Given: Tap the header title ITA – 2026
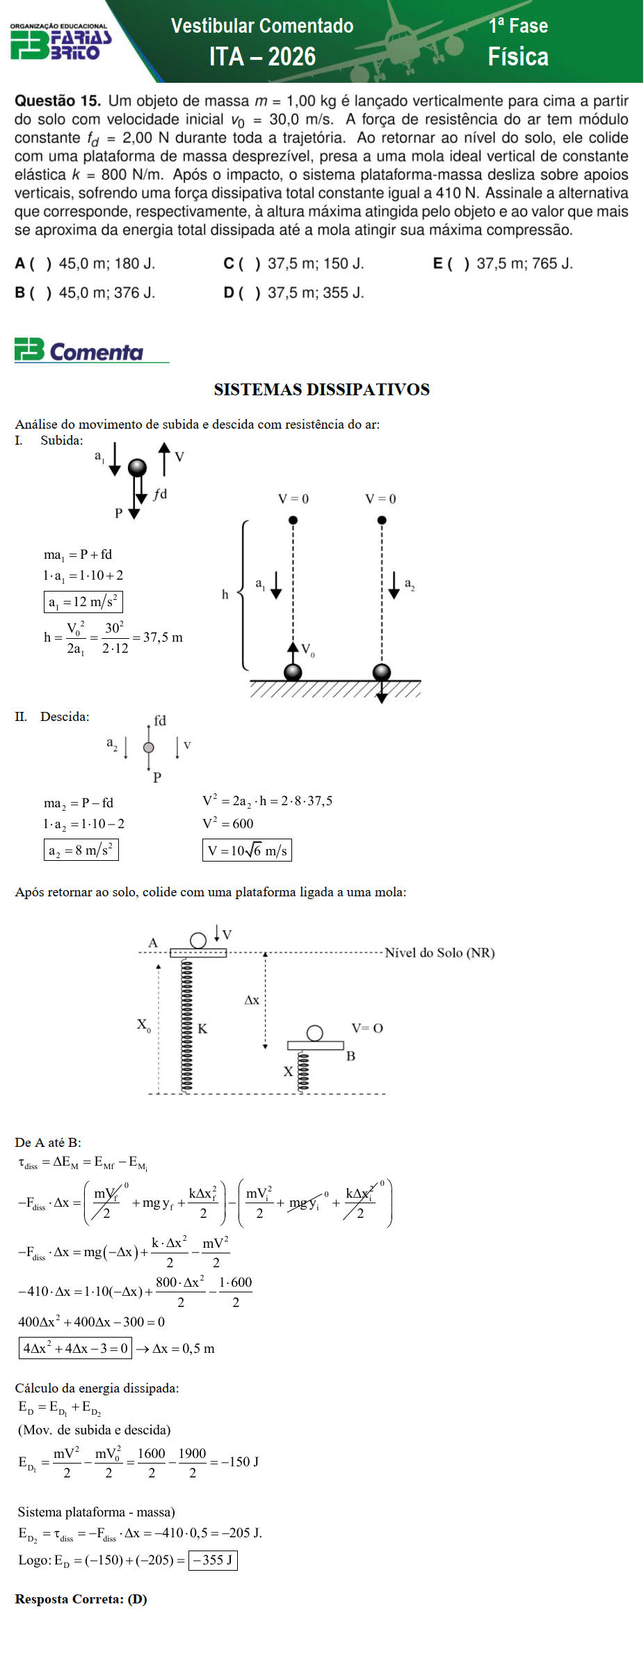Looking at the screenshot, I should point(262,56).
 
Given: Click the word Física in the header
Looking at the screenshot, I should point(518,56).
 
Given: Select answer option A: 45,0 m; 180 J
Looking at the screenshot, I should point(85,264).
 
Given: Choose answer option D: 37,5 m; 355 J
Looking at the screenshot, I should point(293,293).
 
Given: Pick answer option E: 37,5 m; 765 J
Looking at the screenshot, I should point(503,264).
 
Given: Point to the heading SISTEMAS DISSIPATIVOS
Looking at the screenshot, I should point(321,390).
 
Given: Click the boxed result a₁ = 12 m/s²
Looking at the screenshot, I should point(83,602).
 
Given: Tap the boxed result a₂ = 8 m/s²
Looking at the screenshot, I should point(81,850).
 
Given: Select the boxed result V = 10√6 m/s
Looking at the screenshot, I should point(247,850).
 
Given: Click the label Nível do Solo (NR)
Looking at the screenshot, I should point(440,953).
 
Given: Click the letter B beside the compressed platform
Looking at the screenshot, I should point(351,1056).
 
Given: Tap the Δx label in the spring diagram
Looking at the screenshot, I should point(252,1000).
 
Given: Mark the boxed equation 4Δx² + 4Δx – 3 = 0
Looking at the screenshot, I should point(75,1348).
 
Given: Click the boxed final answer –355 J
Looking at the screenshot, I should point(213,1560).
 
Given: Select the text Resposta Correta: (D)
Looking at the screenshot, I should point(81,1599).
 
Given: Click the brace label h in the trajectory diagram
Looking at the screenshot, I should point(225,594).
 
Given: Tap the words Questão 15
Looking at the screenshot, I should point(57,101).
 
